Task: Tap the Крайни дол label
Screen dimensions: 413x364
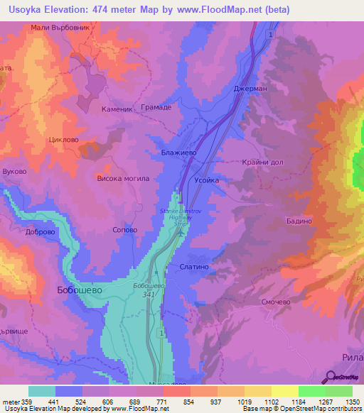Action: click(262, 162)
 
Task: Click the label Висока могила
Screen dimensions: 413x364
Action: click(123, 178)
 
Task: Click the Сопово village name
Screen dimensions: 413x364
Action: click(124, 230)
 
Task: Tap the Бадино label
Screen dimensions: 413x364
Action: click(299, 221)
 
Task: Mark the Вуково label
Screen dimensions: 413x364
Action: click(14, 172)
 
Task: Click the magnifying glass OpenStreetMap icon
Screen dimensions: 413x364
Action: click(331, 377)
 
